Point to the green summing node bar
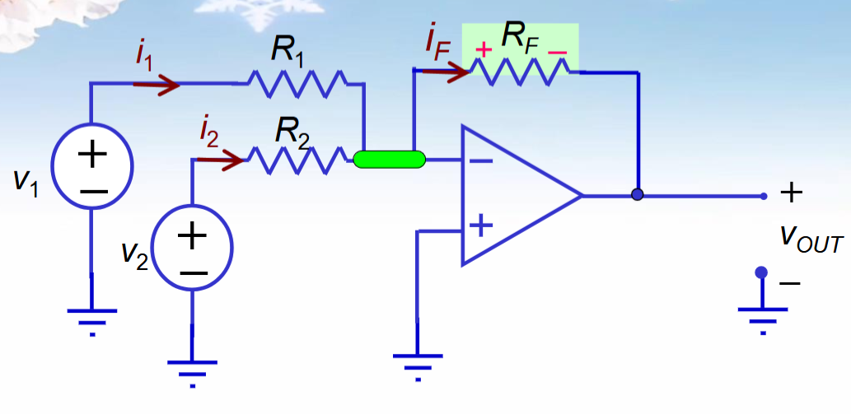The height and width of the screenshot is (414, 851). tap(389, 160)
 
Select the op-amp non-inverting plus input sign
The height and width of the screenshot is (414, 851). tap(480, 224)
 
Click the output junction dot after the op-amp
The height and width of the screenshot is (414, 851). tap(637, 196)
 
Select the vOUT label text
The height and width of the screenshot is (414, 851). tap(811, 240)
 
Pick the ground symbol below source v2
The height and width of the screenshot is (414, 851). tap(193, 366)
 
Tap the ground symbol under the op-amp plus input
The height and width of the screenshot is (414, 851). tap(418, 362)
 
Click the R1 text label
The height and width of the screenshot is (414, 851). tap(288, 52)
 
